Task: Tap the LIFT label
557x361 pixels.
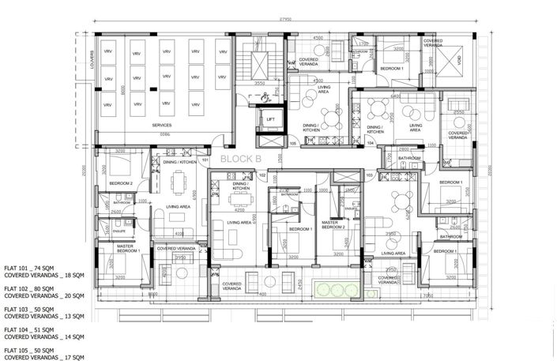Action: point(270,120)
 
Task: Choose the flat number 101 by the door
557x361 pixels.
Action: point(205,160)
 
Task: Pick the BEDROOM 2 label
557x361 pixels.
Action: point(119,183)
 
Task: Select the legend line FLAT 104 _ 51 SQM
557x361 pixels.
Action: point(33,329)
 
